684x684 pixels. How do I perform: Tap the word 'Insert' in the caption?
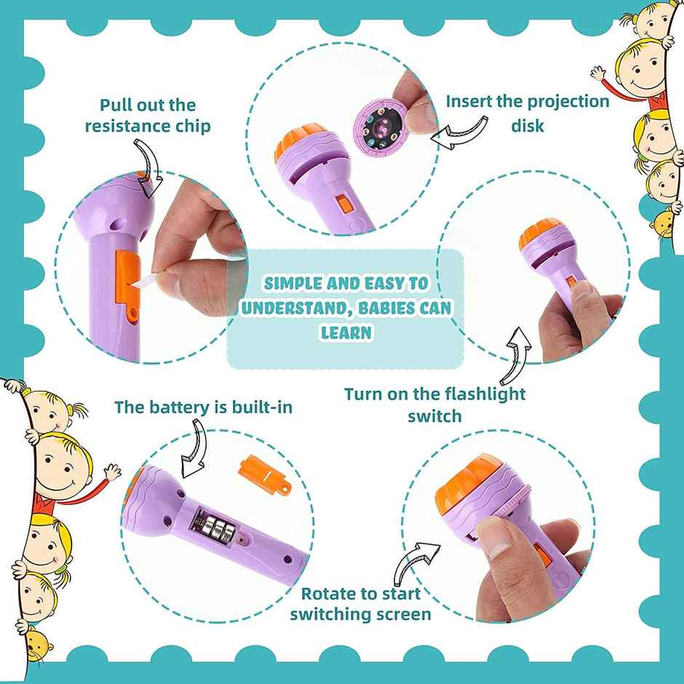click(x=471, y=101)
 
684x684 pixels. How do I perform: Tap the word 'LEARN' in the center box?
click(x=346, y=332)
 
